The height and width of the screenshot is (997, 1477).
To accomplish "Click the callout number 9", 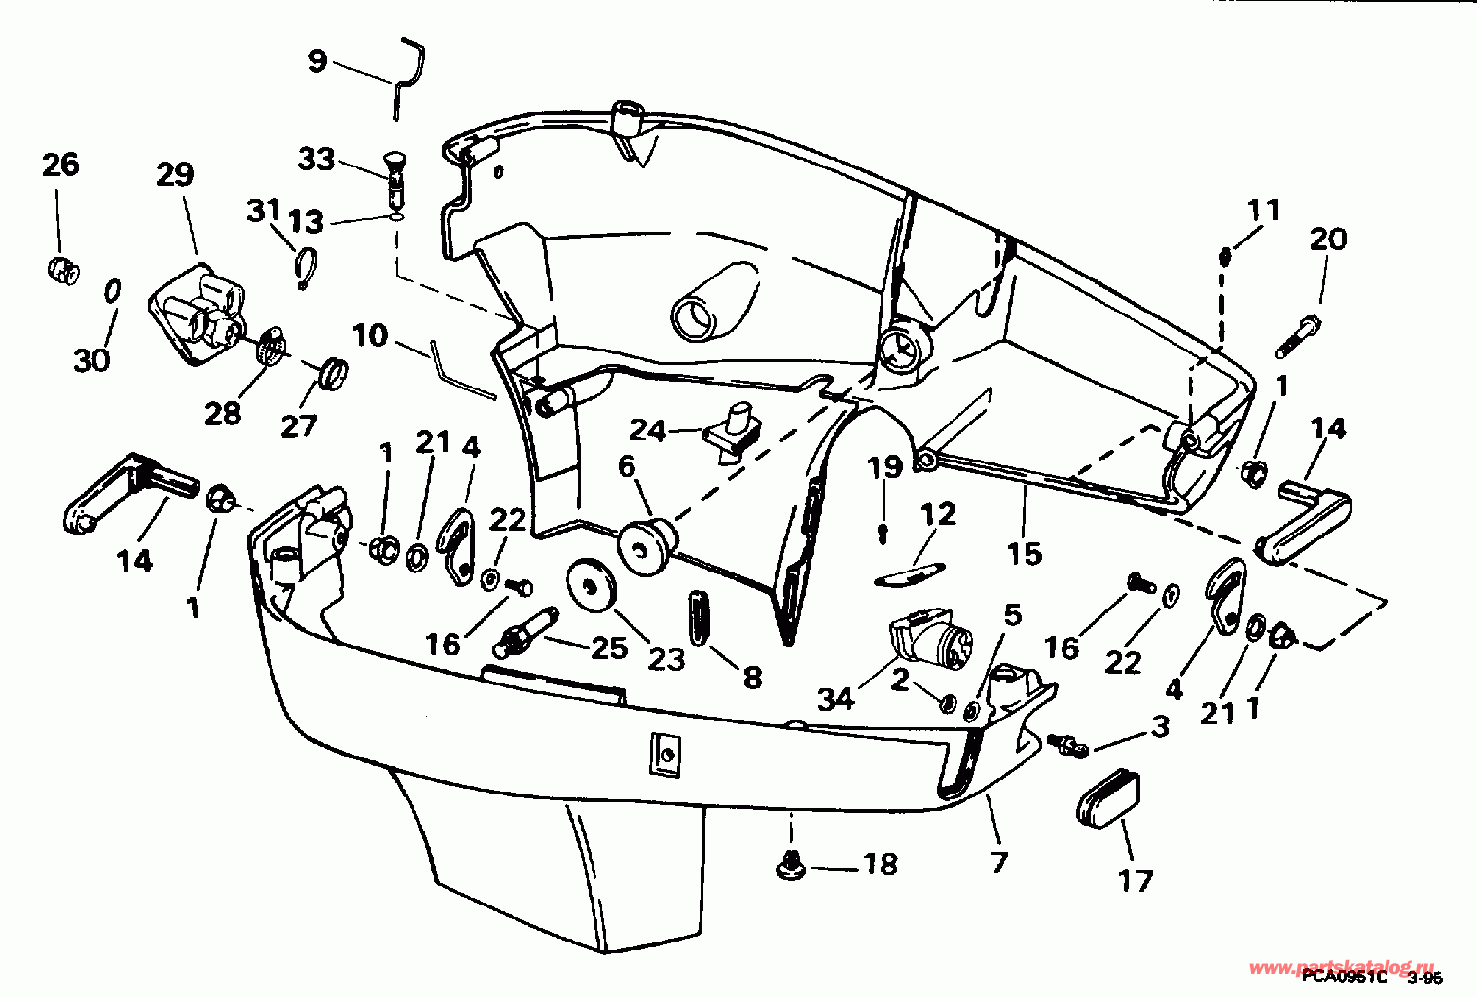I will [x=317, y=60].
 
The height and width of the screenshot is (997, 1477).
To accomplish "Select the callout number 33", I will [x=316, y=159].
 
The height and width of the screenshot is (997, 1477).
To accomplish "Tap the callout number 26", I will [x=60, y=165].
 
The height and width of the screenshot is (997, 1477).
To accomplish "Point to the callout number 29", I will [x=175, y=175].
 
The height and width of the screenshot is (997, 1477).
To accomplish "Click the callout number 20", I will [x=1328, y=239].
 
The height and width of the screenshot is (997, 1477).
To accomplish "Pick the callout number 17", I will [x=1135, y=881].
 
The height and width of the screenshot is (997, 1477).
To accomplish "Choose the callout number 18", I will [x=880, y=865].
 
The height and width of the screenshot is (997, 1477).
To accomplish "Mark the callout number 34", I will [x=836, y=698].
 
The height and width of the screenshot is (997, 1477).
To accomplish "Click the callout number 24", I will [x=647, y=429].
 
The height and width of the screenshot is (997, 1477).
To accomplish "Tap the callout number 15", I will [x=1025, y=553].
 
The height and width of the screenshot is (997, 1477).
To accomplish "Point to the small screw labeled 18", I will [x=790, y=863].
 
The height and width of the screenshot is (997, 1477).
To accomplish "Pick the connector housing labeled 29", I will [x=199, y=314].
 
